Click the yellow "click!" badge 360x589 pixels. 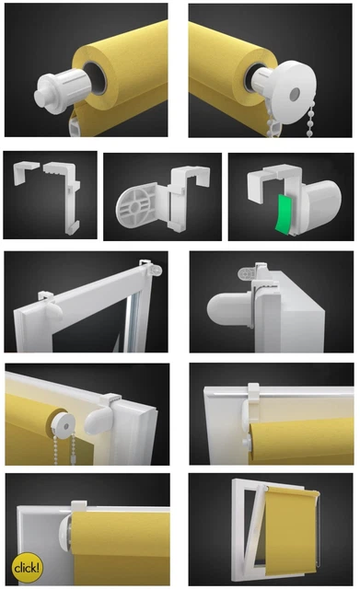coord(27,567)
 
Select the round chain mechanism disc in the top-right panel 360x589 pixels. coord(292,93)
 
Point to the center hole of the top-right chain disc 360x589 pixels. coord(295,94)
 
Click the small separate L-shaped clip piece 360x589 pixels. coord(26,172)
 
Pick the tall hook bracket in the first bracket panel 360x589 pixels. coord(64,195)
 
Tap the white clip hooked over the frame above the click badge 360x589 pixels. coord(79,505)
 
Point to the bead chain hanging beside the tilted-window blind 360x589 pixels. coord(319,535)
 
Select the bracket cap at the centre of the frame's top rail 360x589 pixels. coord(53,306)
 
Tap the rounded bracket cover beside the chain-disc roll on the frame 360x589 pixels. coord(99,419)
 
